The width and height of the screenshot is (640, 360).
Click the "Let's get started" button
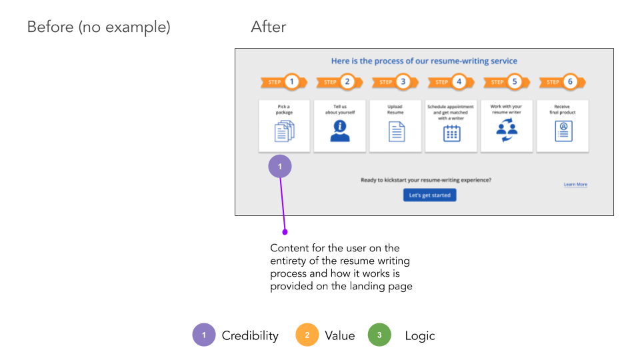(430, 195)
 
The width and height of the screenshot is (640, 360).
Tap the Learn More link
(575, 185)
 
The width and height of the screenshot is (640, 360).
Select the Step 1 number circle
(292, 81)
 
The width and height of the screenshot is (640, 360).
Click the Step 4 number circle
(459, 81)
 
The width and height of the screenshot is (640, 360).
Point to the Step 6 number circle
(570, 81)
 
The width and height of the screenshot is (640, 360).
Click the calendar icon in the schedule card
(452, 133)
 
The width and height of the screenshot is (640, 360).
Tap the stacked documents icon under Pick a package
(284, 131)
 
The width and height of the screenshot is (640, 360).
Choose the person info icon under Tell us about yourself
(340, 131)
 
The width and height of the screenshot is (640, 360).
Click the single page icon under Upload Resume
(397, 131)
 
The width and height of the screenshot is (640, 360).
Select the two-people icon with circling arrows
(507, 130)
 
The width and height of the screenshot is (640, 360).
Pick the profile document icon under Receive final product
(564, 131)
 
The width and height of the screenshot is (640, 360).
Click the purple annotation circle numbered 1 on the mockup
(280, 166)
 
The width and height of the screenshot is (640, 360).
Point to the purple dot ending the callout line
(285, 232)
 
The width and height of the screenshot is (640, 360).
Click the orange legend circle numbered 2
(307, 335)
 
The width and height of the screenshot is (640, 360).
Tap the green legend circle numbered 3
(379, 335)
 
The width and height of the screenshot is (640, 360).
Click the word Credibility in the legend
(250, 335)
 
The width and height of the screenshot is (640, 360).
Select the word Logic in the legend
(420, 335)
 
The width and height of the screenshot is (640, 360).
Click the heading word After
(269, 27)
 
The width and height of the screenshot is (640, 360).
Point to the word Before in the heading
(51, 27)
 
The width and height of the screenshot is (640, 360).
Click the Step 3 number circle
(403, 81)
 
